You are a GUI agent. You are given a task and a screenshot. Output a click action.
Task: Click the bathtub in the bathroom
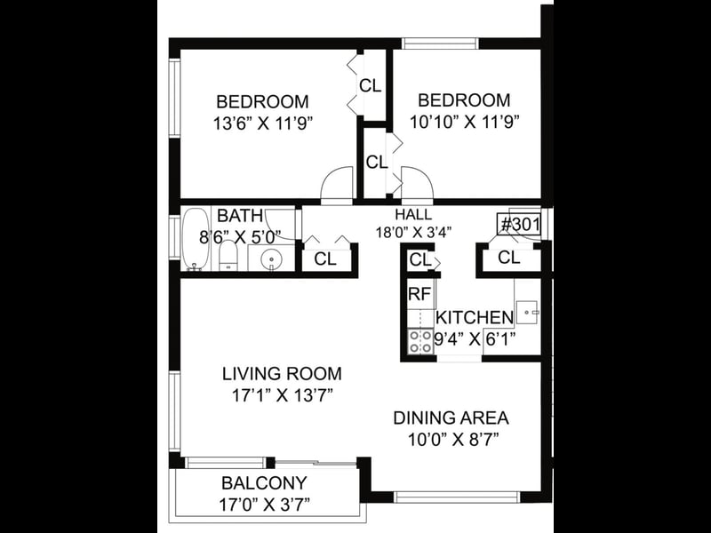point(195,239)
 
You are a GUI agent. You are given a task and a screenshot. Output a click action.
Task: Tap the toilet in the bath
point(228,255)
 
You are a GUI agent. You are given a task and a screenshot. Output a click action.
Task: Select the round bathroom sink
point(271,259)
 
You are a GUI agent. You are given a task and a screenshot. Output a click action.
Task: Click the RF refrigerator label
point(419,294)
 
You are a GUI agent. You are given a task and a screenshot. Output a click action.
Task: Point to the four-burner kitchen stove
point(420,341)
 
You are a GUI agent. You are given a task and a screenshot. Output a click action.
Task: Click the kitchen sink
point(526,313)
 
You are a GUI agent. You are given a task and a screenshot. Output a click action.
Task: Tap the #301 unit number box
point(520,225)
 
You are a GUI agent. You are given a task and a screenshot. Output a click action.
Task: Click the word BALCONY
point(264,483)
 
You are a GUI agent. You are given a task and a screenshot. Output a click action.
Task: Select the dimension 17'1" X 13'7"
point(283,395)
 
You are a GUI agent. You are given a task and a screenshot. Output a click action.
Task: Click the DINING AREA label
point(451,418)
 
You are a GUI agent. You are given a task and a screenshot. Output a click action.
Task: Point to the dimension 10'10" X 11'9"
point(464,122)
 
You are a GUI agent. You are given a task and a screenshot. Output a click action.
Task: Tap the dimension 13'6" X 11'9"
point(263,123)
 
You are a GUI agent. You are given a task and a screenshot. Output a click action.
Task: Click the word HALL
point(413,214)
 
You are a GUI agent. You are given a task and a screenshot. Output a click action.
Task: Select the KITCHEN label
point(475,317)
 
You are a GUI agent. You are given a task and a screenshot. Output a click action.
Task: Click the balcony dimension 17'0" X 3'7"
point(264,505)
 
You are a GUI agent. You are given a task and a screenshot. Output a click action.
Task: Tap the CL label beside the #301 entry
point(508,258)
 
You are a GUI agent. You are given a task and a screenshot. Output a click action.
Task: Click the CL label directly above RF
point(419,260)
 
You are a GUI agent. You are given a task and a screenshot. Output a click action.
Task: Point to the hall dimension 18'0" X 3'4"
point(413,233)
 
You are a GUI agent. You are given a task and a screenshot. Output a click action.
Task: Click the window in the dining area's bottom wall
point(457,497)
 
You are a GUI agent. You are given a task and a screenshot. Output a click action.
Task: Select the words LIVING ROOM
point(282,374)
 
